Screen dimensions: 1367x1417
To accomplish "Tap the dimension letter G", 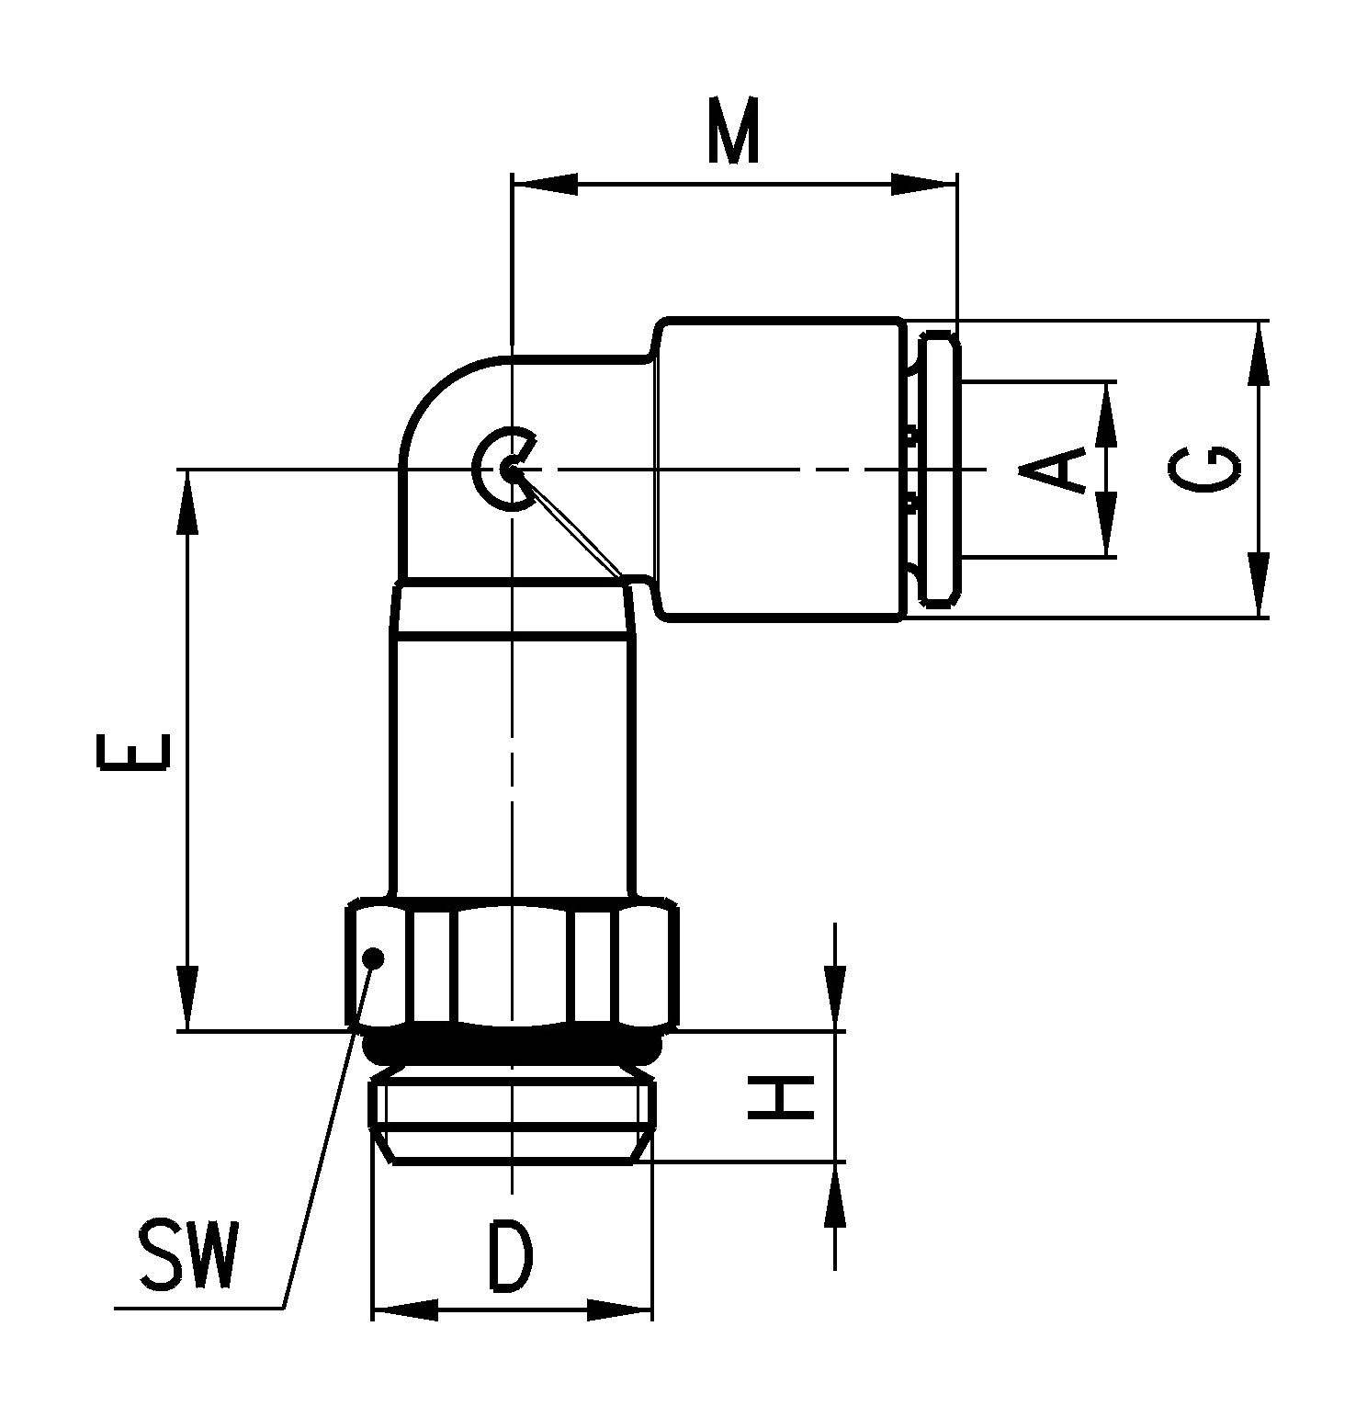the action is click(x=1205, y=469).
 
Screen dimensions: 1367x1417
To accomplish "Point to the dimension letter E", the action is click(x=133, y=749).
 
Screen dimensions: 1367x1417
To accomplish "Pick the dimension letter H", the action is click(x=781, y=1097).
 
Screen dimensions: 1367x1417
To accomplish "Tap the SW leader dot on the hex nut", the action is click(x=373, y=958).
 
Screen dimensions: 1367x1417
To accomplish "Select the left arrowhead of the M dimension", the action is click(x=544, y=185).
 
